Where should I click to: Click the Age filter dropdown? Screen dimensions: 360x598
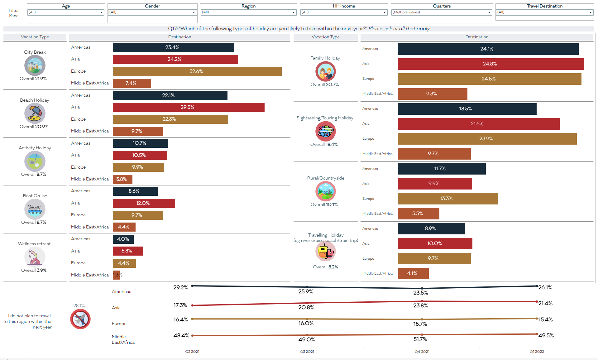(65, 12)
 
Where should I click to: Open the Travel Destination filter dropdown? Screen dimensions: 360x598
(544, 12)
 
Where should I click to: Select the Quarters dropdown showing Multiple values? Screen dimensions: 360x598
(441, 12)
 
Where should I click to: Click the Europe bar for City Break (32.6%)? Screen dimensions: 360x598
(197, 71)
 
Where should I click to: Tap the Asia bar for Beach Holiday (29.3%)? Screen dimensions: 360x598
(188, 107)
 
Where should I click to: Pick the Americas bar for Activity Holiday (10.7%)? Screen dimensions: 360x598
(140, 143)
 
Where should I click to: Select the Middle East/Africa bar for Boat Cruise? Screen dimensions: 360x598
(124, 227)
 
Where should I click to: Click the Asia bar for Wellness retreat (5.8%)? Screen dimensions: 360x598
(128, 251)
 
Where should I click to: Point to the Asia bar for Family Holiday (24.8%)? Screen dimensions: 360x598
(490, 64)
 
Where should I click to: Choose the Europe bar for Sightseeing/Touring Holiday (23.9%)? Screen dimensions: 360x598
(487, 139)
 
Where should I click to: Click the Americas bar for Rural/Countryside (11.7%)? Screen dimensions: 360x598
(442, 169)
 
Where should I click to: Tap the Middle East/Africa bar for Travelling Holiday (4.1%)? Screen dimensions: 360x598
(413, 273)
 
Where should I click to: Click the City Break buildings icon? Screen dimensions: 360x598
(35, 65)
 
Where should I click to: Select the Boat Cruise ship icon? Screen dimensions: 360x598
(35, 209)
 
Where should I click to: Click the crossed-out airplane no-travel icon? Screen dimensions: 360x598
(80, 319)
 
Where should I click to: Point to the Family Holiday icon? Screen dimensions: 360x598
(325, 71)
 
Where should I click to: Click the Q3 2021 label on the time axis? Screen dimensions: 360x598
(307, 352)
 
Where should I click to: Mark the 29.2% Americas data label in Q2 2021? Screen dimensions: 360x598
(181, 287)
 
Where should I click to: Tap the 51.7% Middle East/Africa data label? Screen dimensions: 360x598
(420, 339)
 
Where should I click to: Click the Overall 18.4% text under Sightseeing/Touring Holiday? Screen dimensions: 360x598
(324, 144)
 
